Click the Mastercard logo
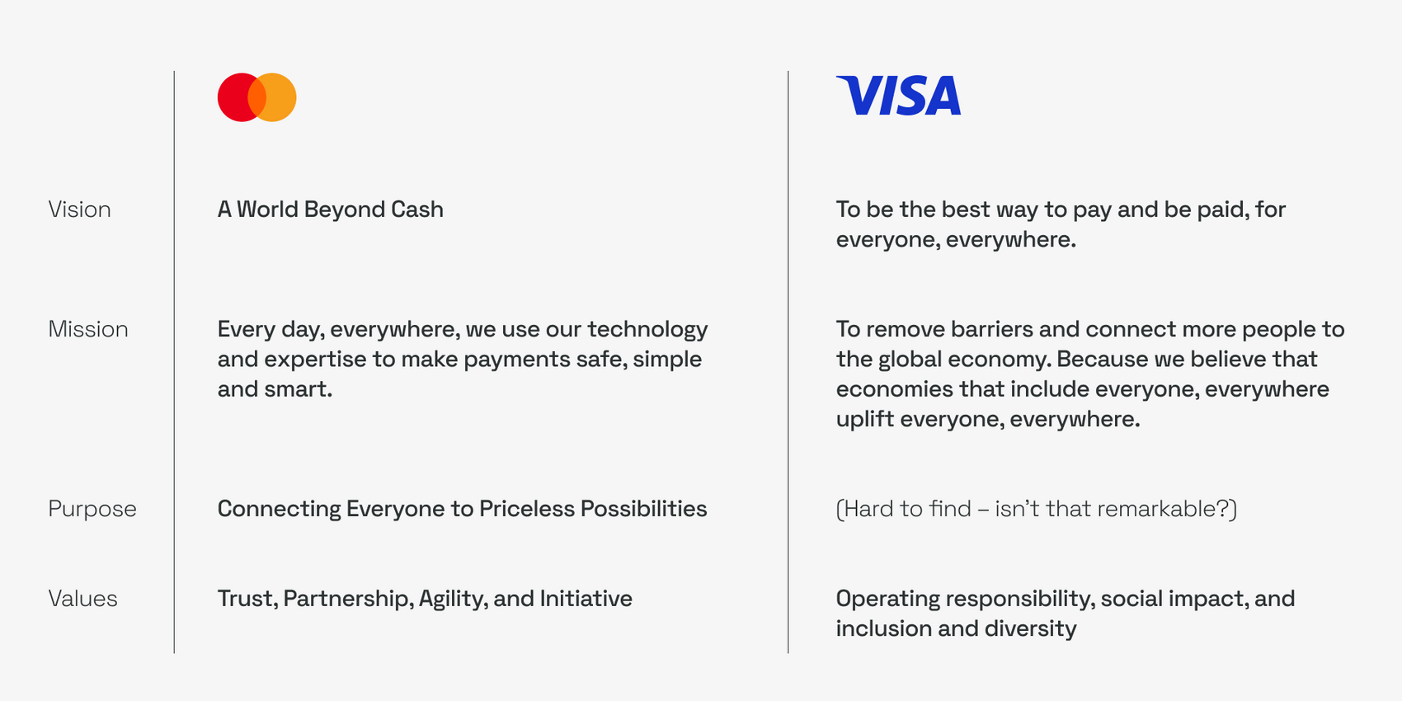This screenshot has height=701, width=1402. [x=256, y=97]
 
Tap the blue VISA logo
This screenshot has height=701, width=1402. [x=898, y=95]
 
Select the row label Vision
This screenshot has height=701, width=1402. [x=79, y=209]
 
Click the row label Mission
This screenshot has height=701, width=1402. [x=88, y=329]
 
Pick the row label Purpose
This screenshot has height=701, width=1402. [x=92, y=509]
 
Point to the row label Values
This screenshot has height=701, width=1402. [x=82, y=599]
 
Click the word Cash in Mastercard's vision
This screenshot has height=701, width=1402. [x=416, y=209]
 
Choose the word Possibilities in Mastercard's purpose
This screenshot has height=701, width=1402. [x=643, y=509]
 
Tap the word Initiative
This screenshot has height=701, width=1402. [x=586, y=599]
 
